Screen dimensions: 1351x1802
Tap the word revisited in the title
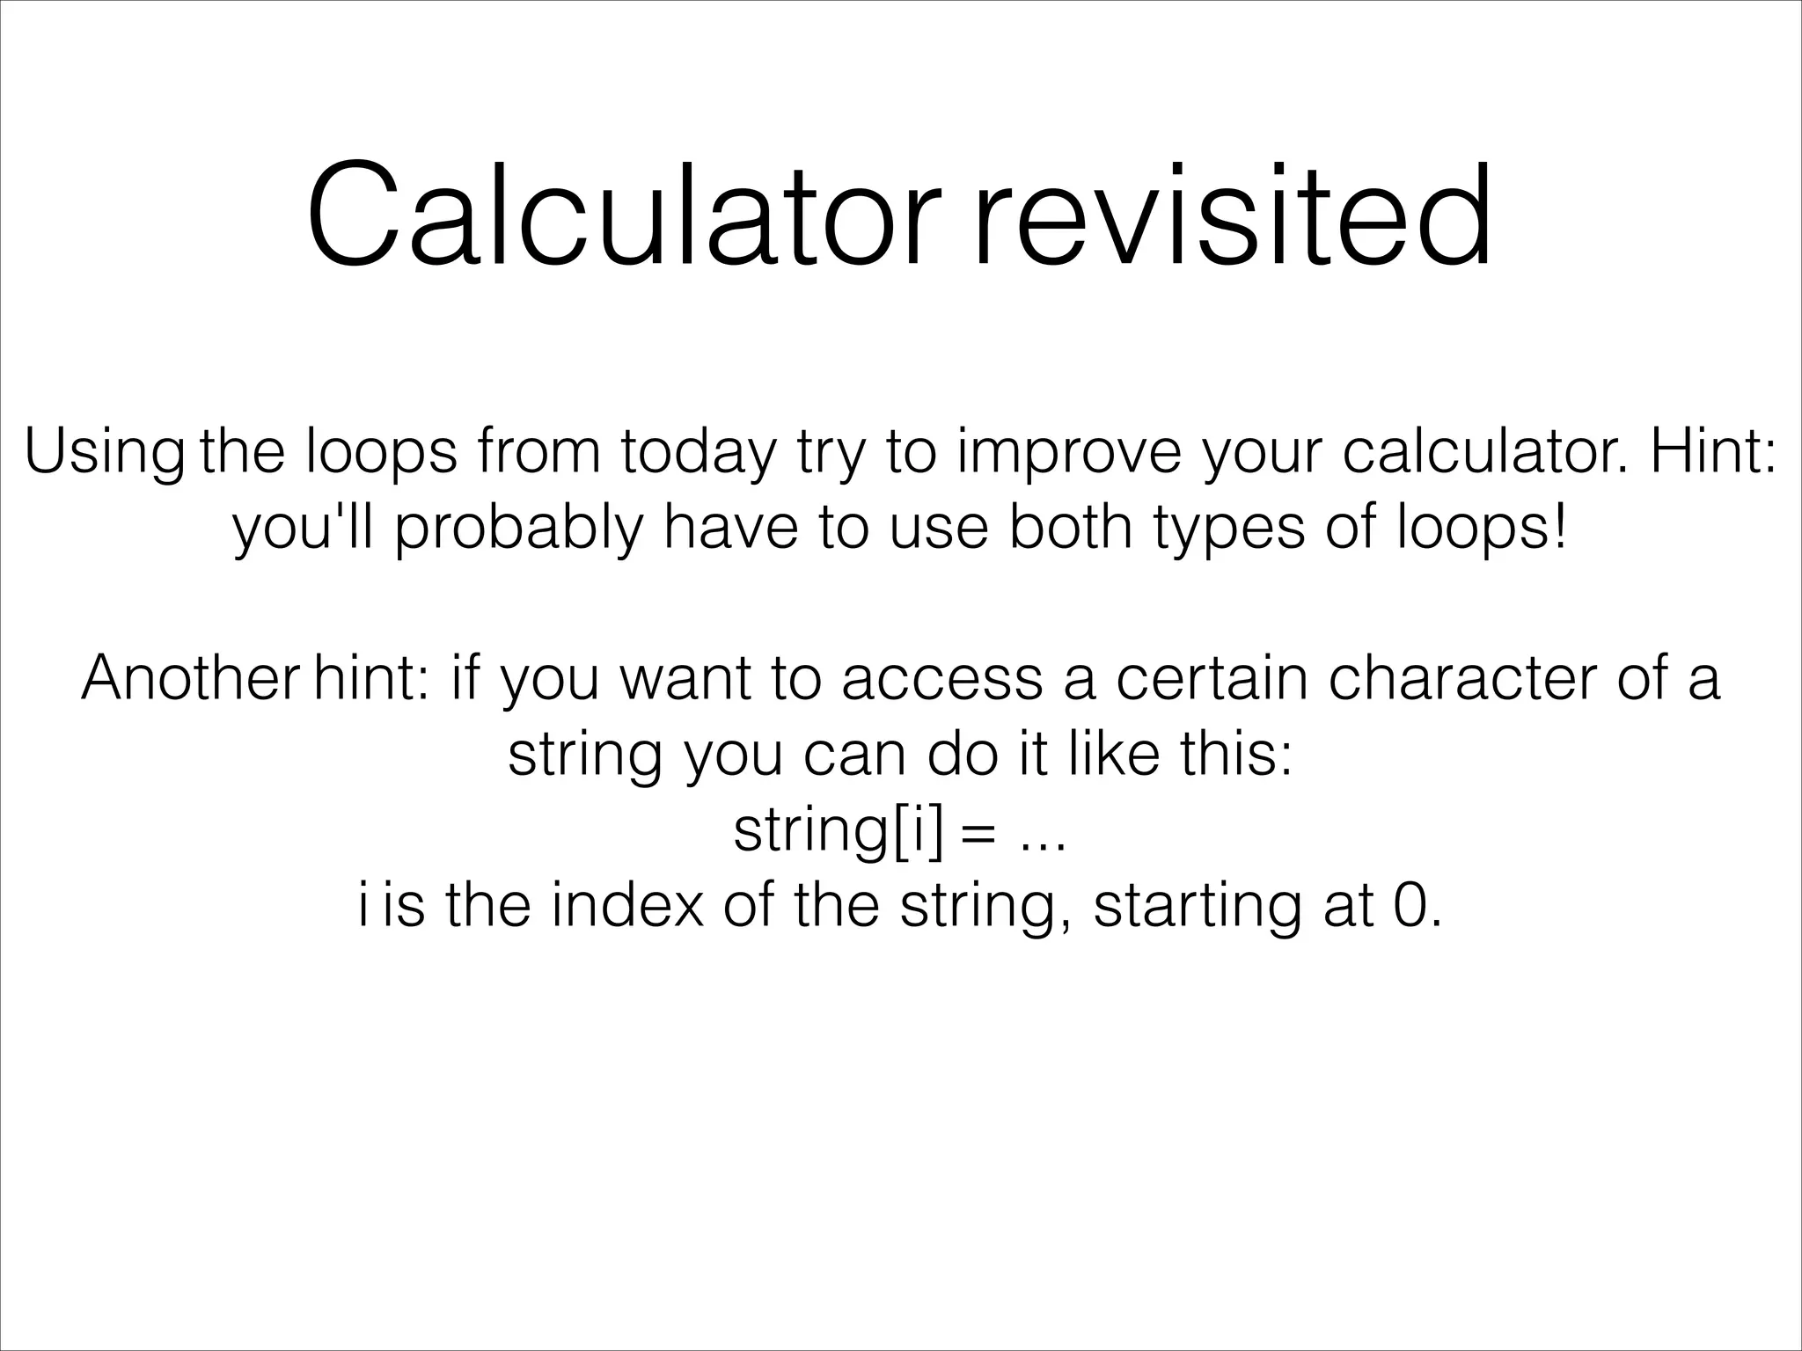point(1232,216)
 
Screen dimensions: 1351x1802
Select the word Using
point(104,454)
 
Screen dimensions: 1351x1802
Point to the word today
point(700,454)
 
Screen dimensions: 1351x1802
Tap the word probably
point(519,529)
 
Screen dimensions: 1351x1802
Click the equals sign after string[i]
point(978,834)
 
